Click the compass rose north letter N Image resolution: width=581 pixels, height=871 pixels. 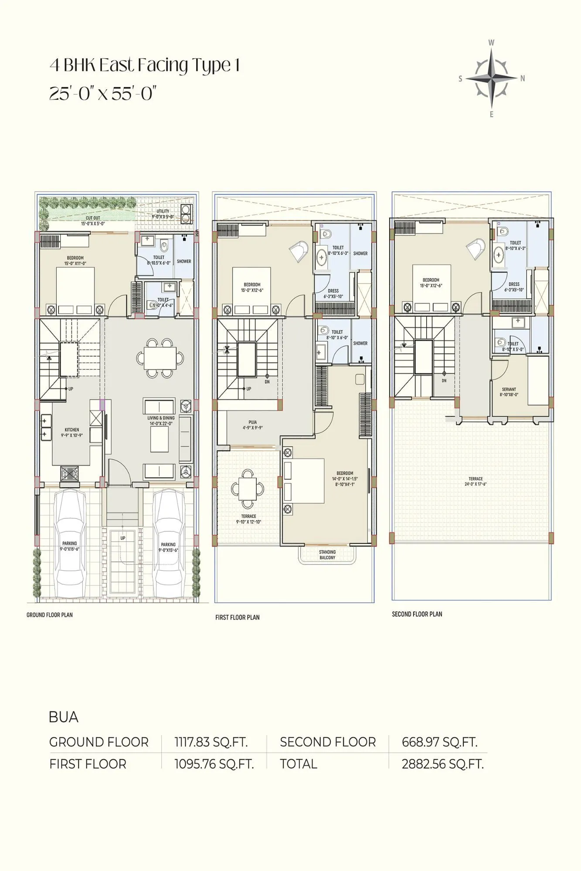tap(523, 79)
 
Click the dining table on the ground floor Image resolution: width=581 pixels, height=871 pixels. tap(160, 358)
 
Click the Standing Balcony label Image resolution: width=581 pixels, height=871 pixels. tap(327, 555)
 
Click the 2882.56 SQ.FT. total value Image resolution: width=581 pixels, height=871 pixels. tap(442, 764)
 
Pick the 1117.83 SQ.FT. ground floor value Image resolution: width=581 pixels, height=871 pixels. tap(211, 742)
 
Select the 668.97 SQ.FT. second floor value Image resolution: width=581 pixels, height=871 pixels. tap(439, 742)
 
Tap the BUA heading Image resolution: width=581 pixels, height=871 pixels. tap(64, 717)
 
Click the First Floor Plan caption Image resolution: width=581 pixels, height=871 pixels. tap(237, 617)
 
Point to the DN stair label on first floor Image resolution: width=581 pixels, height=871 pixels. tap(267, 381)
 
